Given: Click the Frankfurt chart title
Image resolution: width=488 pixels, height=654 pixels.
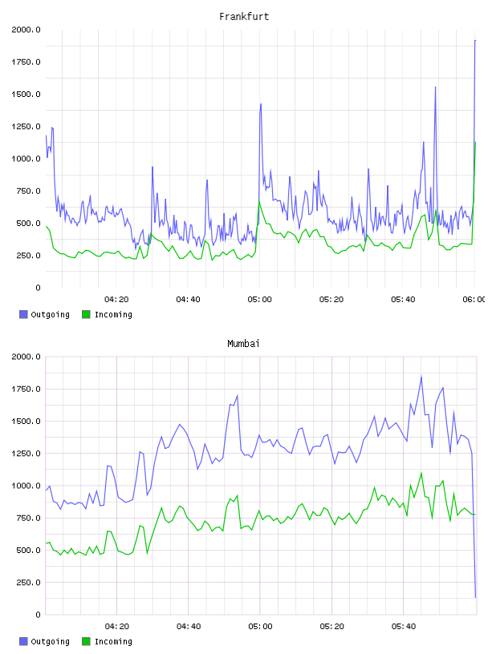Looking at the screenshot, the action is [244, 17].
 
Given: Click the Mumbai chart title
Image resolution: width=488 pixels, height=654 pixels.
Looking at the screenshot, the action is [243, 344].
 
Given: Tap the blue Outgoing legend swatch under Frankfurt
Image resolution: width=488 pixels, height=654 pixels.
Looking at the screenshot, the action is [23, 314].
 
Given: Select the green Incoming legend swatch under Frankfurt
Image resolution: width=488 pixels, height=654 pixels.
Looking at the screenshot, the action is [86, 314].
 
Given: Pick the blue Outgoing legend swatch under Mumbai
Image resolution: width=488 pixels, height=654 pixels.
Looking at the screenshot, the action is [23, 641].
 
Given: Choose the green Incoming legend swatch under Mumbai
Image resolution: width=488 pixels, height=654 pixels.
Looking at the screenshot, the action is [86, 641].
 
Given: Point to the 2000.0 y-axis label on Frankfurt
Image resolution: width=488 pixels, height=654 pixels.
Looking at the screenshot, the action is [26, 30].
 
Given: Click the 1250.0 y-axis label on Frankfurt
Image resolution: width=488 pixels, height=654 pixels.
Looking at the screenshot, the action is [26, 127].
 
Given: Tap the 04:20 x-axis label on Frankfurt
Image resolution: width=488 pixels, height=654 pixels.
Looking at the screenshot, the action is [116, 300].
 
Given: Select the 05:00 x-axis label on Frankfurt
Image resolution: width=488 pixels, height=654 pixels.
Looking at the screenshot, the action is [259, 300].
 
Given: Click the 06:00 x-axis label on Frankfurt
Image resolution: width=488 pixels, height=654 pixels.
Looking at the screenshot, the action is [474, 300].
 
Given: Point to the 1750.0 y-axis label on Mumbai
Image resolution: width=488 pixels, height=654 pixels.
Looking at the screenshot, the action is [26, 390].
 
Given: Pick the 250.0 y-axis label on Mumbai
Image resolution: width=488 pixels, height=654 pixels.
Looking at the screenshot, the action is [28, 583].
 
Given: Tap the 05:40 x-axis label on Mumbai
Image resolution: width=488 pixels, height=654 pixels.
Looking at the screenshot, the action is [403, 627].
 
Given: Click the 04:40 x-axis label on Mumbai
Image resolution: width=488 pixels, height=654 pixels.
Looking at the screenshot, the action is [189, 627].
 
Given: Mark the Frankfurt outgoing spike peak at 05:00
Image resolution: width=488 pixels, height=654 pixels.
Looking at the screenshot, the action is [261, 104].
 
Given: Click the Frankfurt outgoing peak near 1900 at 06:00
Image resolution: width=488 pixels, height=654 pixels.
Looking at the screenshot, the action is [475, 40].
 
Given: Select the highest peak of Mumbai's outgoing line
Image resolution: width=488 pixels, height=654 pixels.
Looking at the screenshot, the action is [421, 377].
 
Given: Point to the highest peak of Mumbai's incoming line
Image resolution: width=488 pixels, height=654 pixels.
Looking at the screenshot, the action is [421, 474].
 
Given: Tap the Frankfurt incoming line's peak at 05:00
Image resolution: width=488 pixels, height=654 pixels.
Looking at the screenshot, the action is [259, 201].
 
